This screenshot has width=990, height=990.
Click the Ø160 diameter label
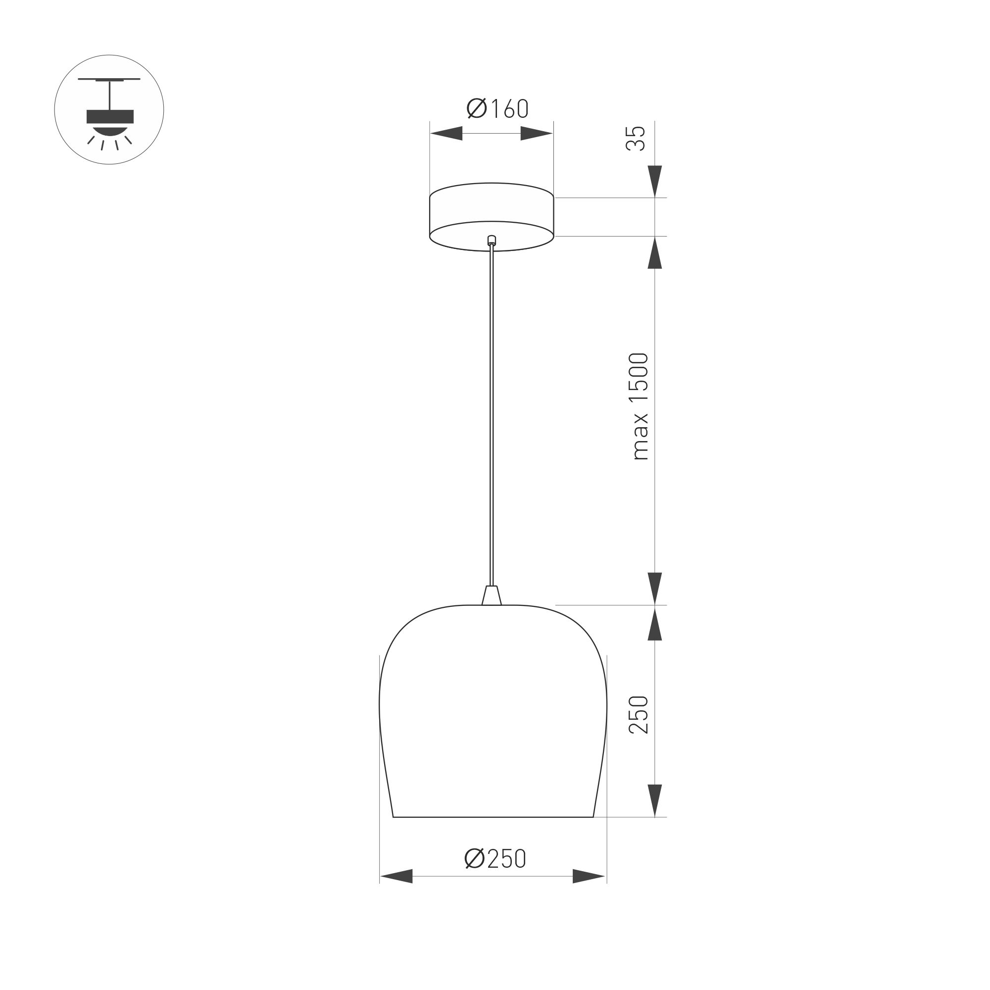497,108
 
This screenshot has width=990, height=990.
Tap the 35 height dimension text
636,139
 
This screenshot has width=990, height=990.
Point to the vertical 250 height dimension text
639,715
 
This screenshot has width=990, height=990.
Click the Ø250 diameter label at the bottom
495,859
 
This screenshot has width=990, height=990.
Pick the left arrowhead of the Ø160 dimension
446,133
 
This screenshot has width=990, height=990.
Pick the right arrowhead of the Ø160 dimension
537,133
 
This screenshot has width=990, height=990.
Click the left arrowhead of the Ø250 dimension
396,876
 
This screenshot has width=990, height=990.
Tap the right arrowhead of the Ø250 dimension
589,876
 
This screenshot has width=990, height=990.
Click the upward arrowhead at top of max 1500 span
655,252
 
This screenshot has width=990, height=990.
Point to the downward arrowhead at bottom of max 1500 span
655,588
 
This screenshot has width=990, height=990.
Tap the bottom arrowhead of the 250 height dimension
655,800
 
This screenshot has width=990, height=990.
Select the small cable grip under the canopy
492,239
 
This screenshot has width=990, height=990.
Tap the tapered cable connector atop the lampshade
492,596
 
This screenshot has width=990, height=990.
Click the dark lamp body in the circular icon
110,117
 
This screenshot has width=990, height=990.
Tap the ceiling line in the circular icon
109,79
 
